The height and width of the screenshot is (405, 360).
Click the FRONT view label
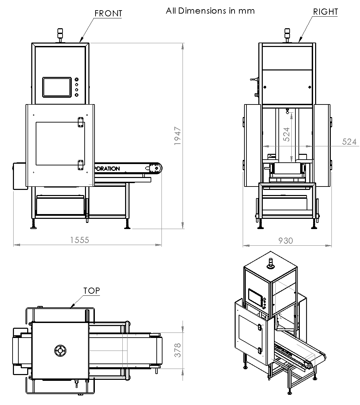108,13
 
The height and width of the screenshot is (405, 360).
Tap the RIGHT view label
325,12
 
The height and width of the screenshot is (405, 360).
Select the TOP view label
92,291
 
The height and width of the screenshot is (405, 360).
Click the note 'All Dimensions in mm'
210,11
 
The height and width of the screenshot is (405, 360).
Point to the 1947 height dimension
178,136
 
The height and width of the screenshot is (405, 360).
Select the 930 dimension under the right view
286,241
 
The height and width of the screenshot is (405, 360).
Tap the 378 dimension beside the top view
177,350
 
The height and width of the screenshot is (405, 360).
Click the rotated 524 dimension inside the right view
286,134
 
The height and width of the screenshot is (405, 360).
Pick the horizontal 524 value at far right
349,142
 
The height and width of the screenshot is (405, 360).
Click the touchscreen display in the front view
57,87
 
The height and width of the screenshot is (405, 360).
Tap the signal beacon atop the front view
60,34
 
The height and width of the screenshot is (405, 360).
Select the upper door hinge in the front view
81,123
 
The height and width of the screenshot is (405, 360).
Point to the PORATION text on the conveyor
107,168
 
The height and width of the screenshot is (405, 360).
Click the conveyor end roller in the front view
156,168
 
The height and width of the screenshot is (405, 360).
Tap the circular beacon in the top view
60,351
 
